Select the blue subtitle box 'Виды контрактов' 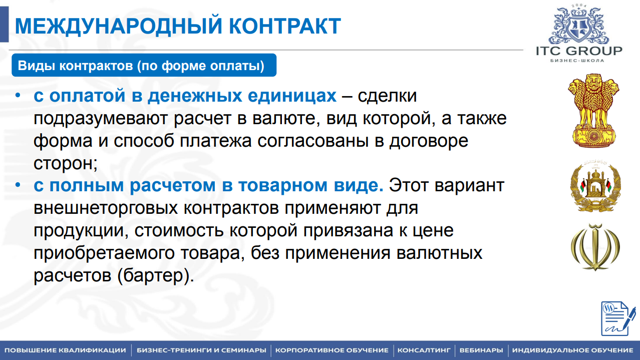click(144, 66)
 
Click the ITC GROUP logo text click(579, 51)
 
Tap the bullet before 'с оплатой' click(18, 95)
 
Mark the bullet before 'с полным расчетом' click(18, 185)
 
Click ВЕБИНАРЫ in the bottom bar click(481, 350)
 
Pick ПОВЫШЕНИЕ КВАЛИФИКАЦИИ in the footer click(65, 350)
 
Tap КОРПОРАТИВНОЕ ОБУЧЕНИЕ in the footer click(332, 350)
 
